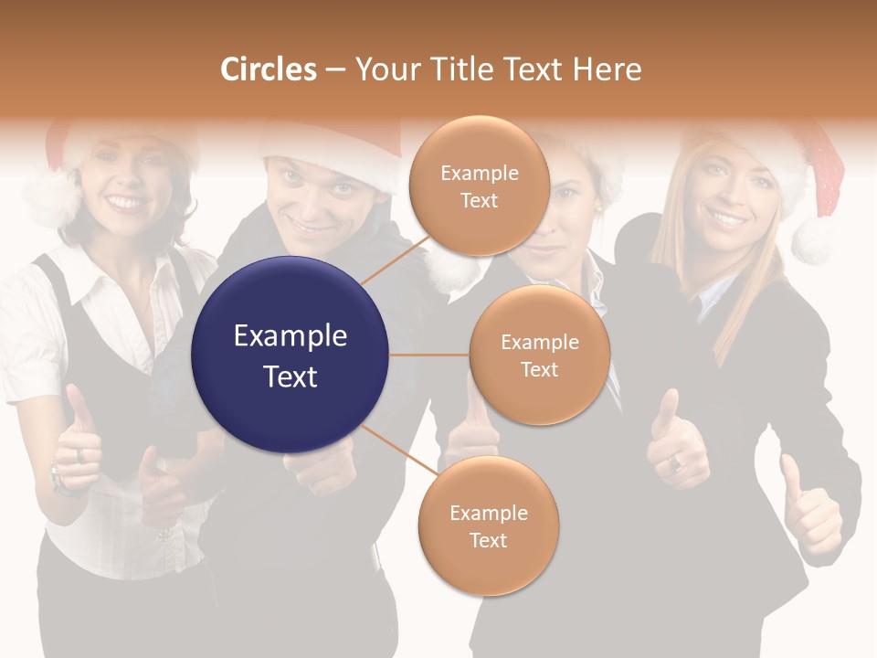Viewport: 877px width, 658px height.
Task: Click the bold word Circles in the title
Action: pos(268,69)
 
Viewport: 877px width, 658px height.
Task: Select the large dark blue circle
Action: pos(291,355)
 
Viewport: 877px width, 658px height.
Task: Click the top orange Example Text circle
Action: pos(479,186)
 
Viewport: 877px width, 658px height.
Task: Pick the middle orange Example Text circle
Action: pos(539,355)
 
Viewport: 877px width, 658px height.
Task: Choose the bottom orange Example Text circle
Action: pos(488,525)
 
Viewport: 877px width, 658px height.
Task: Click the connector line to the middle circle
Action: pos(429,355)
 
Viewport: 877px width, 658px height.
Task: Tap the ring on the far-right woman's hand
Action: pos(675,462)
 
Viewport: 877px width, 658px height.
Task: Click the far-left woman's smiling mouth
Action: pos(125,203)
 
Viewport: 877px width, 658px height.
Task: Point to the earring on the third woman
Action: pos(597,207)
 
